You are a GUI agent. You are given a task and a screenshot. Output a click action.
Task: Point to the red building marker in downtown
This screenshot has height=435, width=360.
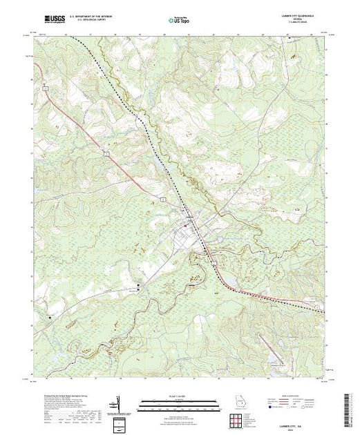(x=191, y=222)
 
